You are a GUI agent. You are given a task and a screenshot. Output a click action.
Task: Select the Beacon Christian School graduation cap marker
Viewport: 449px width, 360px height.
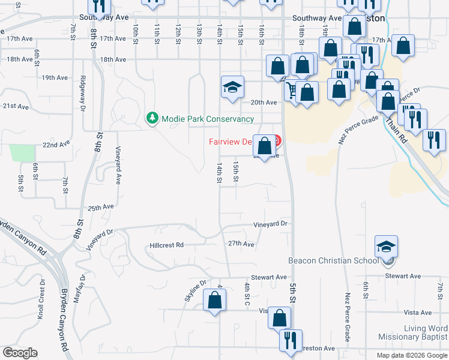coord(386,247)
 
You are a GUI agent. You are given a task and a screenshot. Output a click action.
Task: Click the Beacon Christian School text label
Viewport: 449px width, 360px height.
coord(333,260)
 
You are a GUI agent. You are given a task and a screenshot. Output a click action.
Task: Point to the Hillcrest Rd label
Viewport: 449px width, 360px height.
coord(166,245)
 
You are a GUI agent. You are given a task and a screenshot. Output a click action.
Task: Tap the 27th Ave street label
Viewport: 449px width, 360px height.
coord(242,244)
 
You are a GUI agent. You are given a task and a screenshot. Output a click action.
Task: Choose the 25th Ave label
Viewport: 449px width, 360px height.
coord(101,208)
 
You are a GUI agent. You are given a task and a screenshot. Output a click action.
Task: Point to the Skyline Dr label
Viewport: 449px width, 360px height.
coord(195,290)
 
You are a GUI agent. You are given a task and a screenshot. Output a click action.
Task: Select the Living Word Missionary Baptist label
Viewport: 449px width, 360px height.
coord(413,333)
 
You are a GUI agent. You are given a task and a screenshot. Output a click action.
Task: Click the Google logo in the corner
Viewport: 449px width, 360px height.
coord(20,353)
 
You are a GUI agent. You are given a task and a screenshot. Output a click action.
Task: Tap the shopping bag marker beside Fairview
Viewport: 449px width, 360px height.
coord(264,146)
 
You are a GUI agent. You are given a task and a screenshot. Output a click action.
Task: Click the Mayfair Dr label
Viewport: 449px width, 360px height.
coord(78,292)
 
